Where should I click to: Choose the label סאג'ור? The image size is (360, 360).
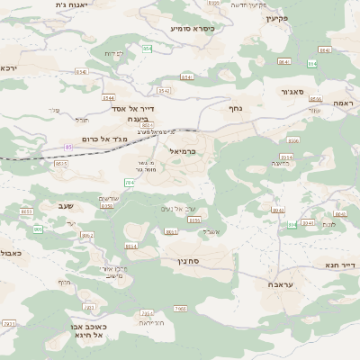tap(292, 91)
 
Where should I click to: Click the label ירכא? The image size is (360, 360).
tap(8, 68)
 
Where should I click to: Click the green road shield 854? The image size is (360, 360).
tap(147, 47)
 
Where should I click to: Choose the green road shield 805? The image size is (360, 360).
tap(38, 229)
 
